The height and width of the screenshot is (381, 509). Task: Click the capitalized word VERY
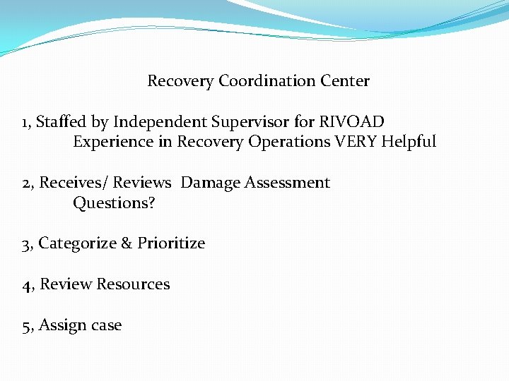coord(356,142)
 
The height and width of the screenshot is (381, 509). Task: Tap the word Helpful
coord(409,142)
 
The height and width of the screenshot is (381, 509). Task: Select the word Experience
coord(113,143)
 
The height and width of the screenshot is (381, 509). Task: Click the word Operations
coord(290,143)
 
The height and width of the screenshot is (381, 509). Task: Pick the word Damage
coord(211,183)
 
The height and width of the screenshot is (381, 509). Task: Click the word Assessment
coord(287,183)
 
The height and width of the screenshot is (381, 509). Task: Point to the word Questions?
coord(114,203)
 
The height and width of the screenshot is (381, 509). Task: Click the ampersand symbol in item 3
coord(127,244)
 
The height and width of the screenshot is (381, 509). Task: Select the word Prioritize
coord(171,244)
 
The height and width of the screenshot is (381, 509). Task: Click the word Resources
coord(133,284)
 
